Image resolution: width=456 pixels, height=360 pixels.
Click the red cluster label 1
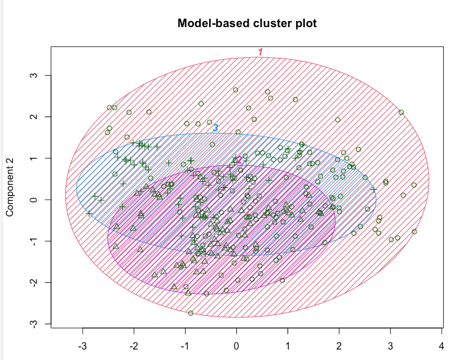(x=260, y=52)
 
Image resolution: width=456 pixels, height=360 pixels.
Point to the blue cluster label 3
(x=215, y=128)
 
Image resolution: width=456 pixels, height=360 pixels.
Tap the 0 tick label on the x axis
(x=236, y=343)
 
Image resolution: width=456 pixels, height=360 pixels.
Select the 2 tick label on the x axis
(x=339, y=343)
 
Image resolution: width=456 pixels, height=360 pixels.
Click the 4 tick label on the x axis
(x=441, y=343)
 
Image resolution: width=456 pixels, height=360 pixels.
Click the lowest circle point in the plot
(x=191, y=313)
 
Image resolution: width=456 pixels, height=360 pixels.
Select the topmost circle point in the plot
(x=236, y=89)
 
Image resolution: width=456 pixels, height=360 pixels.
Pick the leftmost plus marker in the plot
(x=89, y=213)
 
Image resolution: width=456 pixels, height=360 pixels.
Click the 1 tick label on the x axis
(x=288, y=343)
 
